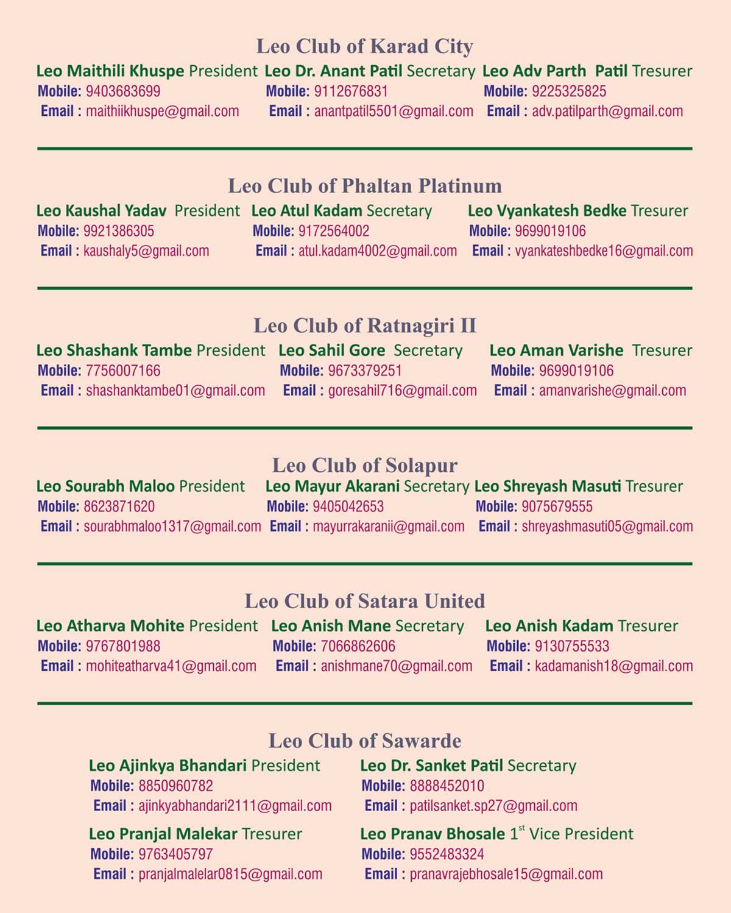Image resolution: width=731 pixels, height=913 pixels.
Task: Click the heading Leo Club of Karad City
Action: tap(364, 46)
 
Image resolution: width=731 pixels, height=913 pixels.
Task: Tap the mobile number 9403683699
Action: tap(123, 91)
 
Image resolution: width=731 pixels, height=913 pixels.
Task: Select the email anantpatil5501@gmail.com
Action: tap(394, 112)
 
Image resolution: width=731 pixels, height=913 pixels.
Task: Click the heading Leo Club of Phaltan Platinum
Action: tap(364, 186)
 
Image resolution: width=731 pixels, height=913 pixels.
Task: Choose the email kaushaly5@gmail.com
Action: tap(146, 251)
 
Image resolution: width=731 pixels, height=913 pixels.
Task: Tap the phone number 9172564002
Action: tap(334, 231)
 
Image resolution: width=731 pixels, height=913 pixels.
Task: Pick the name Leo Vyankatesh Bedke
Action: tap(547, 211)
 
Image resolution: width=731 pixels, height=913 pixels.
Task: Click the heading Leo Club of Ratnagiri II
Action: tap(364, 325)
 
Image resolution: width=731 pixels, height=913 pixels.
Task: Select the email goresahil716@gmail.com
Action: tap(402, 391)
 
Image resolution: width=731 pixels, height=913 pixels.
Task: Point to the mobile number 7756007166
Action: tap(123, 371)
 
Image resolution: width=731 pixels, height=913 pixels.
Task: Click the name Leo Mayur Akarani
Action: tap(333, 486)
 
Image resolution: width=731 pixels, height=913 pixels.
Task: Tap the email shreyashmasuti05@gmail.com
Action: tap(607, 527)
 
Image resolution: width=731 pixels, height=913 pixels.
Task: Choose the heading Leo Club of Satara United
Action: tap(364, 602)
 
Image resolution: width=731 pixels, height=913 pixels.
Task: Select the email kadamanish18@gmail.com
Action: tap(613, 666)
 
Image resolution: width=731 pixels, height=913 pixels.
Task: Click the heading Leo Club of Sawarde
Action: tap(364, 741)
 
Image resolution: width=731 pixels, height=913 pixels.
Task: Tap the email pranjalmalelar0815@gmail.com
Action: tap(230, 874)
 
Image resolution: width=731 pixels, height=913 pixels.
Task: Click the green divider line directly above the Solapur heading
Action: tap(364, 428)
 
